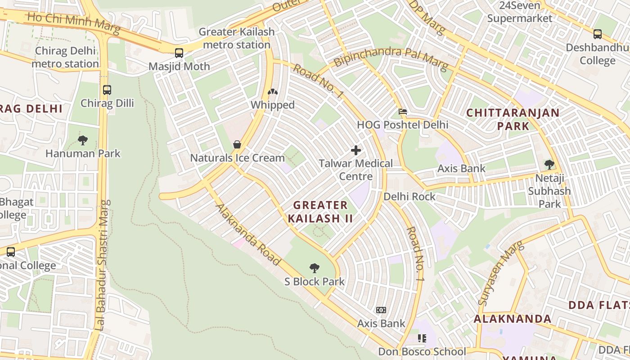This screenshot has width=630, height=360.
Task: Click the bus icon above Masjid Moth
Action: pyautogui.click(x=179, y=53)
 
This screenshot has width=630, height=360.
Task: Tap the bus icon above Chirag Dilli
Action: pyautogui.click(x=107, y=90)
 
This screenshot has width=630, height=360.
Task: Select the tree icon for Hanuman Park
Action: pyautogui.click(x=83, y=140)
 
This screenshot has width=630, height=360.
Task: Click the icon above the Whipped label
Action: pyautogui.click(x=273, y=92)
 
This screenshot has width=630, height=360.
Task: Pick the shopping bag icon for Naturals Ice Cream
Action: pyautogui.click(x=237, y=144)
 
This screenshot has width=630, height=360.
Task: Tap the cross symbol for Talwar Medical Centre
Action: pyautogui.click(x=356, y=150)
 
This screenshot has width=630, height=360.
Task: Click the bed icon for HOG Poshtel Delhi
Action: pyautogui.click(x=403, y=112)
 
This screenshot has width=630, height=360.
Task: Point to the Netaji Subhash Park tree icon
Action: pyautogui.click(x=549, y=165)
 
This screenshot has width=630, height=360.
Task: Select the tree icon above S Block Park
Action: pyautogui.click(x=315, y=269)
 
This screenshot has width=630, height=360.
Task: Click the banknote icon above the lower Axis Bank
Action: pyautogui.click(x=381, y=310)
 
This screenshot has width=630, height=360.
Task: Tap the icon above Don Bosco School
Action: pyautogui.click(x=422, y=338)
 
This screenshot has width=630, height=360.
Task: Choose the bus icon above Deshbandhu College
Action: pyautogui.click(x=597, y=34)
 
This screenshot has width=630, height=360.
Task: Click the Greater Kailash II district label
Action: pyautogui.click(x=320, y=212)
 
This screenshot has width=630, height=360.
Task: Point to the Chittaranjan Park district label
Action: pyautogui.click(x=513, y=119)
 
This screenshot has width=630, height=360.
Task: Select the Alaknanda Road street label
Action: pyautogui.click(x=248, y=234)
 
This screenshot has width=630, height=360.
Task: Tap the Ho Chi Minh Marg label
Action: pyautogui.click(x=73, y=23)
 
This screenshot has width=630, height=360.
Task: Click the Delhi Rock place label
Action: pyautogui.click(x=409, y=197)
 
